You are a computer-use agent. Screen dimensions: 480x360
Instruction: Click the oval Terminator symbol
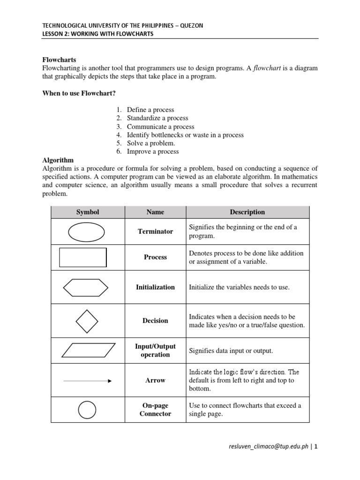(87, 232)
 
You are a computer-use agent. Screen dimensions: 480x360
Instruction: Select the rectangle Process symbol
(83, 257)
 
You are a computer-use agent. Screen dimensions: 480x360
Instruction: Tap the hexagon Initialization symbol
(86, 287)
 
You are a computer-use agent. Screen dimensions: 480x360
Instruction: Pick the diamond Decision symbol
(87, 321)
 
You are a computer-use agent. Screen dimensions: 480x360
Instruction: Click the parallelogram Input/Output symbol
(88, 350)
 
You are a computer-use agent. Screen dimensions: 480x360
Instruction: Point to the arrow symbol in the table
(87, 381)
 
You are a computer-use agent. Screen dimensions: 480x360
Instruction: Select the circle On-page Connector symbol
(87, 410)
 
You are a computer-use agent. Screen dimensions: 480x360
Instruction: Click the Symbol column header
(88, 212)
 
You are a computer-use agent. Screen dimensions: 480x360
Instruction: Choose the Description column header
(247, 212)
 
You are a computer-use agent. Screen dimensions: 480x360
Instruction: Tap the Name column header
(155, 212)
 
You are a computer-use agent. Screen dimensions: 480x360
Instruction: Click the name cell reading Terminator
(155, 232)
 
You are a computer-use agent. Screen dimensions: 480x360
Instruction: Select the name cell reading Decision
(155, 321)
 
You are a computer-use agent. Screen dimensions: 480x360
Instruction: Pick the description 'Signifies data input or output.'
(230, 351)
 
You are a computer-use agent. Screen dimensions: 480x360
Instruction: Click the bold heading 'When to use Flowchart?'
(79, 93)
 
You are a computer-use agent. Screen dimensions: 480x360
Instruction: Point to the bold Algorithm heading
(58, 160)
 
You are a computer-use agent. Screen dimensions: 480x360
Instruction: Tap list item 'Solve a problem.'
(150, 143)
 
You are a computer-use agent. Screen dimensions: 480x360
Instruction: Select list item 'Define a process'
(150, 110)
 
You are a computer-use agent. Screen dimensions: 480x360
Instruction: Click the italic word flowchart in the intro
(269, 68)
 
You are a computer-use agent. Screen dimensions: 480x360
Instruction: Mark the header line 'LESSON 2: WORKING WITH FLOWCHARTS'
(97, 34)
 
